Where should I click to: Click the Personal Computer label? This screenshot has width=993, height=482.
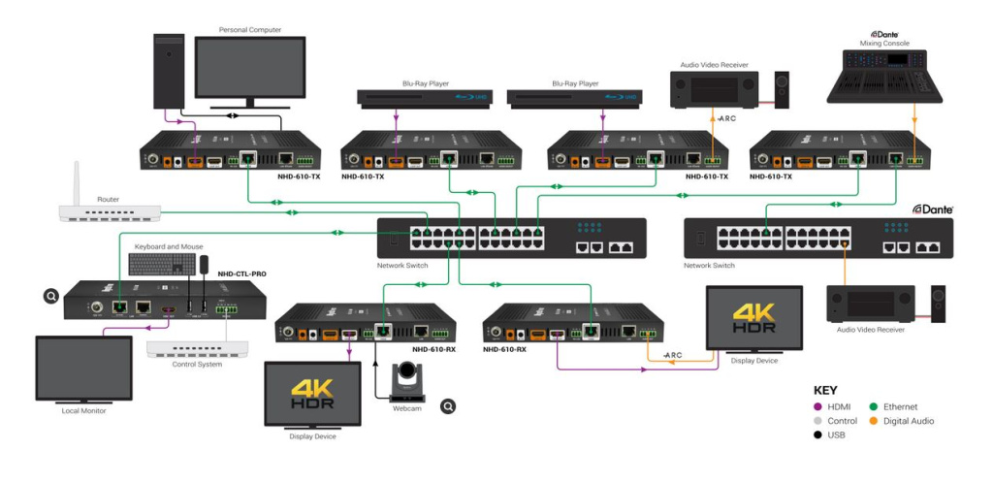click(250, 30)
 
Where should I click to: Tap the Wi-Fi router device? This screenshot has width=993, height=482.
click(108, 211)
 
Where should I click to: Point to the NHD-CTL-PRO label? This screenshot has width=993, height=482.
click(241, 274)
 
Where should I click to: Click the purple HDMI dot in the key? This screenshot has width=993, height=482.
click(817, 407)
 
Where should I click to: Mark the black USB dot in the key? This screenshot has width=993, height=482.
click(817, 435)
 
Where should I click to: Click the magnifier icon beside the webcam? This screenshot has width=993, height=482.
click(448, 406)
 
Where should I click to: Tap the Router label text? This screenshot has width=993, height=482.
click(108, 199)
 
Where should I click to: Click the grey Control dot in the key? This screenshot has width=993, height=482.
click(817, 422)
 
